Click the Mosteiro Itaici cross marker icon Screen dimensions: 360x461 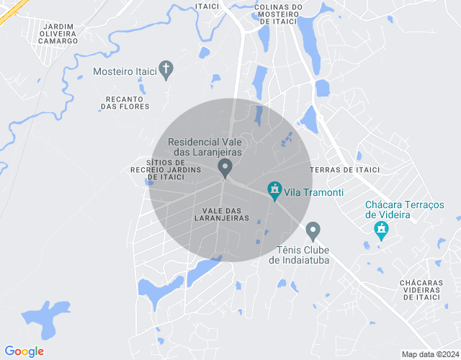pyautogui.click(x=166, y=70)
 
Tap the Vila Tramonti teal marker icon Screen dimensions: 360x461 pyautogui.click(x=274, y=191)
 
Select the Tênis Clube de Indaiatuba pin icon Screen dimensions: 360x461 pyautogui.click(x=313, y=231)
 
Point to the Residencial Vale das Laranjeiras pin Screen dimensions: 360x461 pyautogui.click(x=225, y=168)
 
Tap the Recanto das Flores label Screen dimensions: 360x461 pyautogui.click(x=125, y=102)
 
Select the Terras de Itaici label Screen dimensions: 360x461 pyautogui.click(x=344, y=170)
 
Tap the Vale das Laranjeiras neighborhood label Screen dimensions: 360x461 pyautogui.click(x=221, y=213)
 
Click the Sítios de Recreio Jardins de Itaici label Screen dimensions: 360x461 pyautogui.click(x=158, y=170)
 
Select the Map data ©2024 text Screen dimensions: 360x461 pyautogui.click(x=429, y=354)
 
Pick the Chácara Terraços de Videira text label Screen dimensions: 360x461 pyautogui.click(x=404, y=210)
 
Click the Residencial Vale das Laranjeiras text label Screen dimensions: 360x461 pyautogui.click(x=205, y=148)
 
